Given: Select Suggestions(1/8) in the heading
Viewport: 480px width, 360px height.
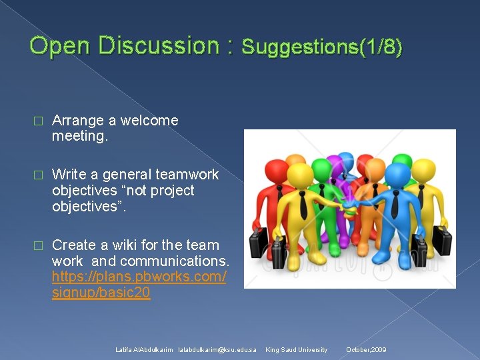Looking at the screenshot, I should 322,47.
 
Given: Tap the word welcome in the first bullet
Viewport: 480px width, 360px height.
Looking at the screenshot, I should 149,121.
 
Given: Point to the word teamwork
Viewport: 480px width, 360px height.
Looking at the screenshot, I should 187,175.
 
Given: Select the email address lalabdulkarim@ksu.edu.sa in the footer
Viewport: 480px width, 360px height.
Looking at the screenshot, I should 217,350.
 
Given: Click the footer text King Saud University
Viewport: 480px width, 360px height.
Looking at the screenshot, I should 297,350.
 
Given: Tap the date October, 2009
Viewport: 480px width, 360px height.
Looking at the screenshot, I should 366,350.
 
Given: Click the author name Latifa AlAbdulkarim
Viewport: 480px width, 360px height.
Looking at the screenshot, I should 144,350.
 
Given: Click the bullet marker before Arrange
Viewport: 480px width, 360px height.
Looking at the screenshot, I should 37,121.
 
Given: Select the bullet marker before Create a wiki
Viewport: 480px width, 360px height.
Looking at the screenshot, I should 37,245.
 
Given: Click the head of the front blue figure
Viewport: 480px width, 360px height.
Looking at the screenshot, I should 397,175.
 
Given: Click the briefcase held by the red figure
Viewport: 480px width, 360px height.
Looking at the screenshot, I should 259,243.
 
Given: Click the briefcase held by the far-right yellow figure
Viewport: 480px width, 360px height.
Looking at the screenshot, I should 441,239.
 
